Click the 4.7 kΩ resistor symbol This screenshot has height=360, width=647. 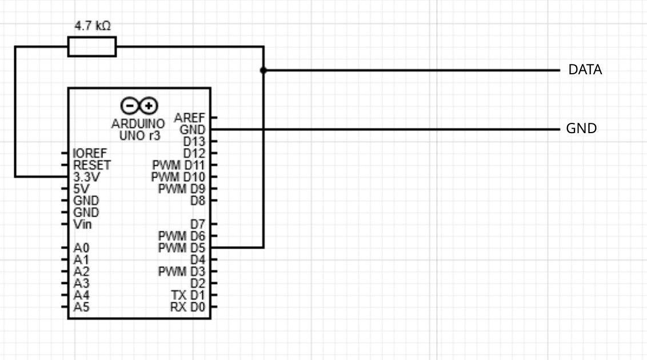92,47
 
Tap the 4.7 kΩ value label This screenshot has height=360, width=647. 93,26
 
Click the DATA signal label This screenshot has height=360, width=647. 585,70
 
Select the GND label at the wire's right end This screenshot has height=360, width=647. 581,128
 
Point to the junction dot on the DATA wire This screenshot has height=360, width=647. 263,70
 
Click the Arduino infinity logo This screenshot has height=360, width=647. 139,106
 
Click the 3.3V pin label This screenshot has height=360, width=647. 87,177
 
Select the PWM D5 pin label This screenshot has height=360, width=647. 182,248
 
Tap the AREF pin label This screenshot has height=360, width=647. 189,118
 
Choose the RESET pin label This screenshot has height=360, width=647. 92,165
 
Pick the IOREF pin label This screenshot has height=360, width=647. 90,153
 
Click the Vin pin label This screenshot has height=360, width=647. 82,225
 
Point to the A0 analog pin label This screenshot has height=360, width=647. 81,248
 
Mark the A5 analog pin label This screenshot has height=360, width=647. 81,307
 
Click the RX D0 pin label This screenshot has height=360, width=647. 187,307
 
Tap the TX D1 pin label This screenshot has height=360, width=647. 188,295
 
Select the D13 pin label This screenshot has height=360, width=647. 194,142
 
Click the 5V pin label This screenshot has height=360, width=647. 81,189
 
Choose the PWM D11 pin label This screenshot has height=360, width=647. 179,165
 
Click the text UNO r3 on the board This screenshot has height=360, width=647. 139,135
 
